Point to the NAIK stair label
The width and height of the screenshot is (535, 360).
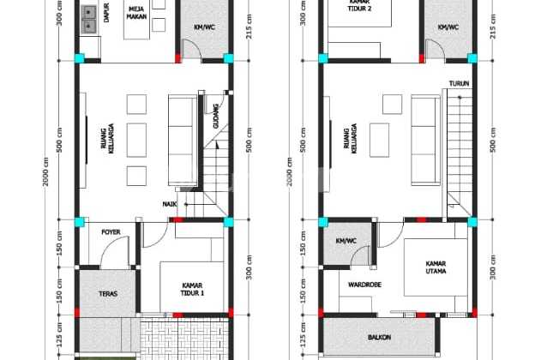pyautogui.click(x=170, y=203)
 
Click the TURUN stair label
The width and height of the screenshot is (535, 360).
pyautogui.click(x=457, y=83)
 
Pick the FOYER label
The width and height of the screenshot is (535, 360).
pyautogui.click(x=111, y=232)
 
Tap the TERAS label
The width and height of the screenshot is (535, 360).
pyautogui.click(x=107, y=294)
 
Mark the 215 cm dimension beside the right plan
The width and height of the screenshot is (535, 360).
pyautogui.click(x=492, y=30)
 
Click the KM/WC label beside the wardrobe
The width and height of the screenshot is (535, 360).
pyautogui.click(x=346, y=241)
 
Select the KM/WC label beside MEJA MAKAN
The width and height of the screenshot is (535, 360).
pyautogui.click(x=205, y=27)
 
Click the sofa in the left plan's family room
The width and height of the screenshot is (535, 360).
pyautogui.click(x=181, y=135)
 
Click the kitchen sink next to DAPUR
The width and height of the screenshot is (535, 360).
pyautogui.click(x=89, y=17)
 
